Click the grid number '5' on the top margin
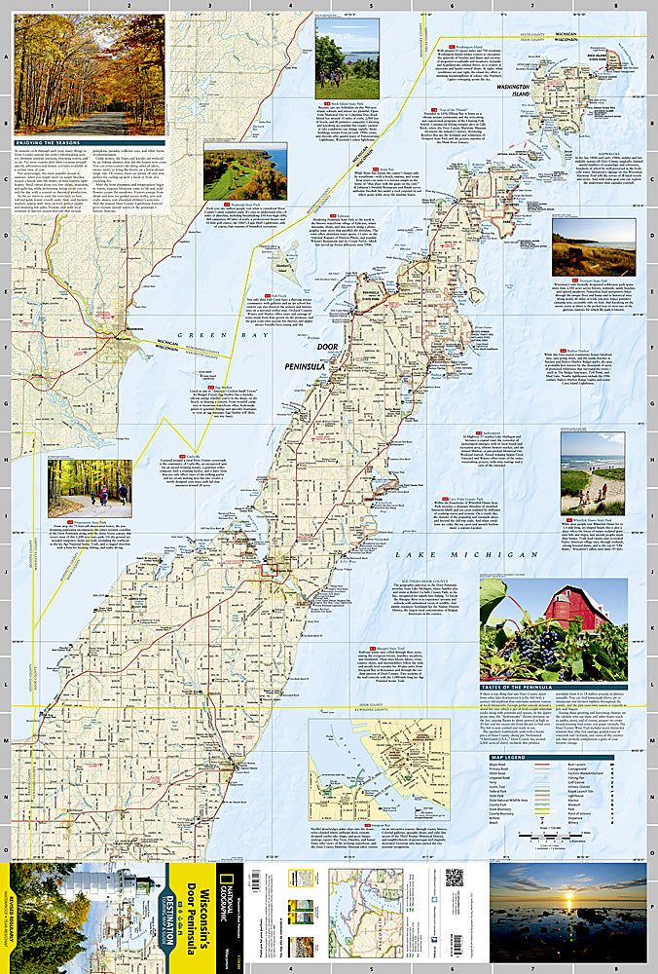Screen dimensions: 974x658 [x=370, y=6]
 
